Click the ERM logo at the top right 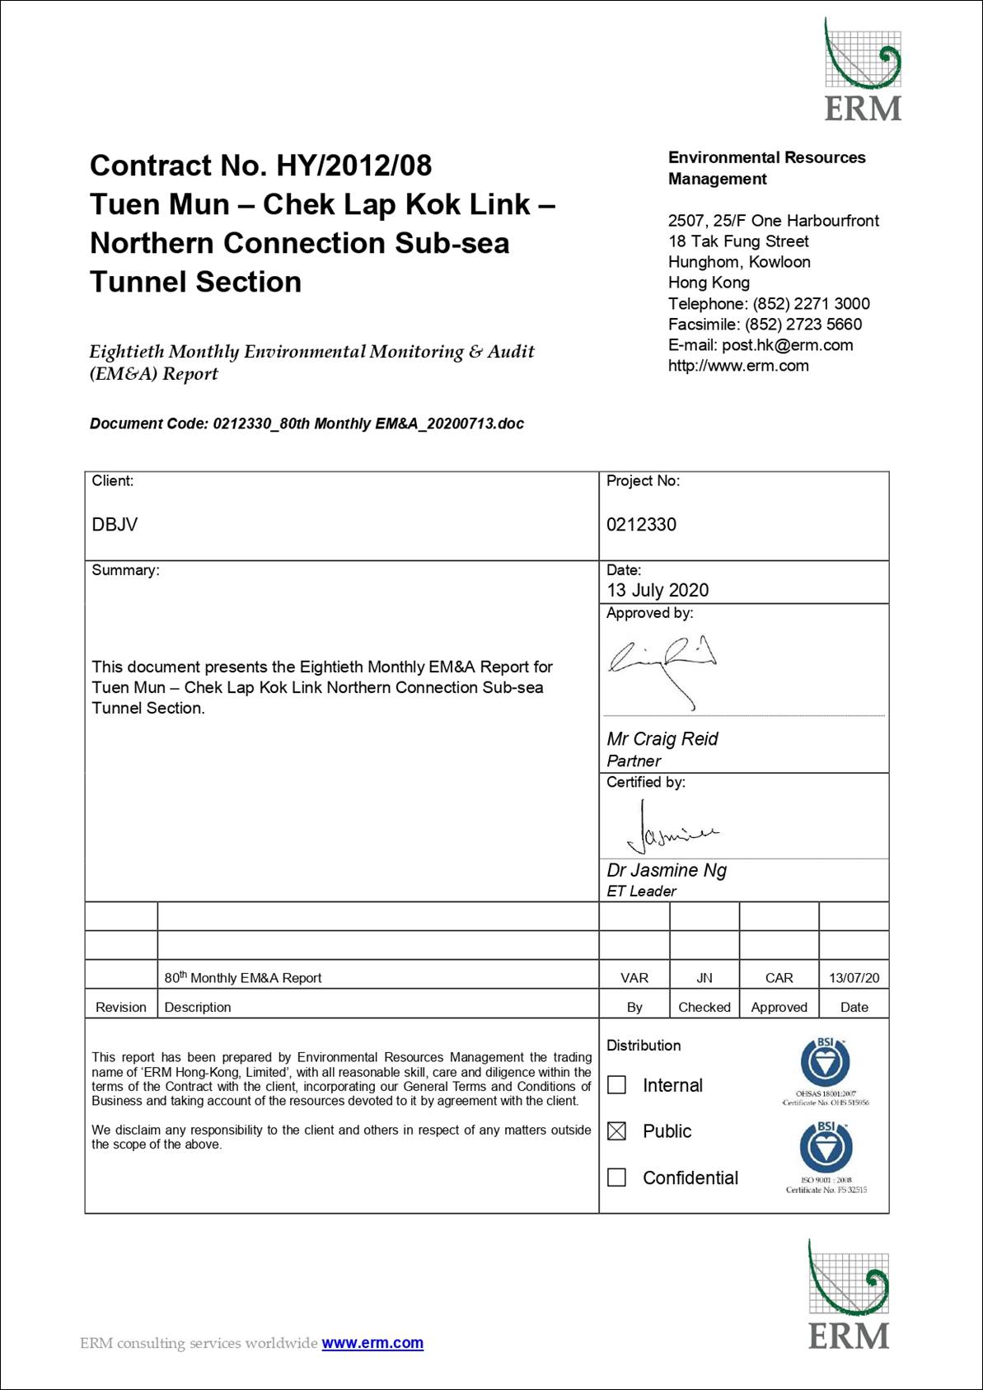pos(863,70)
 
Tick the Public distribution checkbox pos(616,1131)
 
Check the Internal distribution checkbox pos(616,1085)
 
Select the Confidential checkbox pos(616,1177)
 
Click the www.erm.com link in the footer pos(372,1343)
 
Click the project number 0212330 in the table pos(641,525)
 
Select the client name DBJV pos(115,525)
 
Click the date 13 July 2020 pos(658,590)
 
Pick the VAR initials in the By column pos(634,978)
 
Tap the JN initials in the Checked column pos(704,978)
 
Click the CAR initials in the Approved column pos(779,978)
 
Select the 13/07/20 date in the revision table pos(854,978)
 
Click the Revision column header pos(120,1007)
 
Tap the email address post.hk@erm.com pos(787,345)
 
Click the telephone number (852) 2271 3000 pos(811,304)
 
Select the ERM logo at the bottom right pos(849,1294)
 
